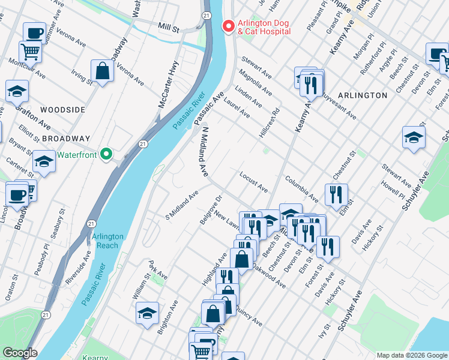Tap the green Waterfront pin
[x=107, y=155]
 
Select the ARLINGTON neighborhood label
[x=362, y=95]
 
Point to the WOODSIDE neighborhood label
[x=63, y=110]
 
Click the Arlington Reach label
[x=107, y=241]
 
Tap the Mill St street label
[x=169, y=28]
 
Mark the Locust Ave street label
[x=253, y=182]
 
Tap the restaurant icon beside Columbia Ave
[x=336, y=194]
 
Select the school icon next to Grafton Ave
[x=17, y=91]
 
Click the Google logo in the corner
[x=20, y=353]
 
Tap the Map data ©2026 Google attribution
[x=411, y=355]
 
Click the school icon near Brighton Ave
[x=147, y=313]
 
